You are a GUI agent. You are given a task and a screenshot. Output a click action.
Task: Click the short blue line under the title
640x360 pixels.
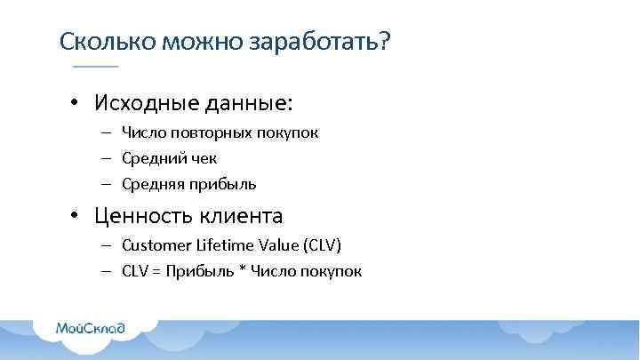(95, 68)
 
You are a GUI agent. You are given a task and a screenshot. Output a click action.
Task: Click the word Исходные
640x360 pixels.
(140, 102)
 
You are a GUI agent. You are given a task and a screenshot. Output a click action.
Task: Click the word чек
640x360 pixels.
(203, 158)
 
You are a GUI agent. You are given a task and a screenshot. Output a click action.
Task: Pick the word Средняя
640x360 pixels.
(152, 184)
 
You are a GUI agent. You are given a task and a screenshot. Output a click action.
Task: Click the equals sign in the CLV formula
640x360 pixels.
(157, 271)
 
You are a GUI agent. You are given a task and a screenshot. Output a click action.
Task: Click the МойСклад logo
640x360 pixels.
(90, 326)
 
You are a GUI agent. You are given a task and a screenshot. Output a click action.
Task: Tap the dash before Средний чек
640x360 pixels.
(105, 158)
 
